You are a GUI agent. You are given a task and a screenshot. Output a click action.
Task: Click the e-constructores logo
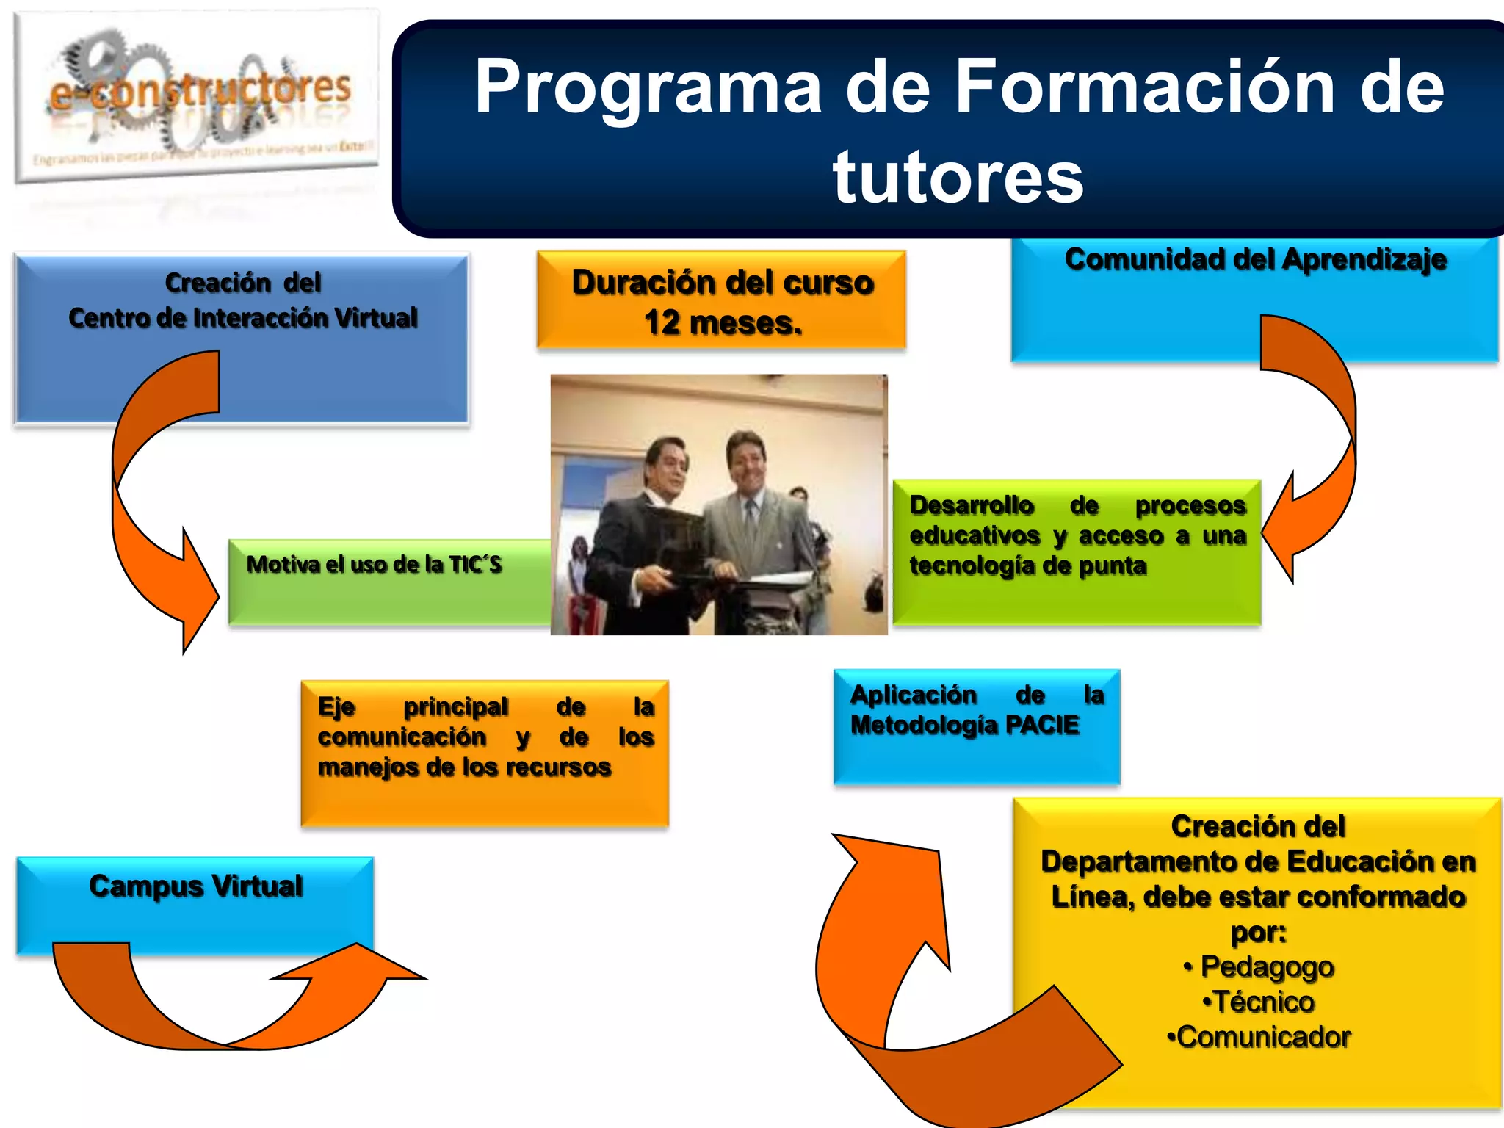click(x=197, y=95)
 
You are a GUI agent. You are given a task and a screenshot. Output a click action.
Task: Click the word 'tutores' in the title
click(x=958, y=176)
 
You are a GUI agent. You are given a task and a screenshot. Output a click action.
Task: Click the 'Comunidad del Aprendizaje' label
click(x=1255, y=260)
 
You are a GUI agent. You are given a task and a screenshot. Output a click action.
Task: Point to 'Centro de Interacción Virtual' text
click(x=242, y=318)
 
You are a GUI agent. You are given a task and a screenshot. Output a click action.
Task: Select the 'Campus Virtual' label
click(x=195, y=886)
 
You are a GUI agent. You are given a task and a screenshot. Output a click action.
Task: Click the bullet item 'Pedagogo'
click(x=1267, y=966)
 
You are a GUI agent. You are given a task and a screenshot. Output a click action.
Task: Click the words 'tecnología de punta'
click(x=1027, y=566)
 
